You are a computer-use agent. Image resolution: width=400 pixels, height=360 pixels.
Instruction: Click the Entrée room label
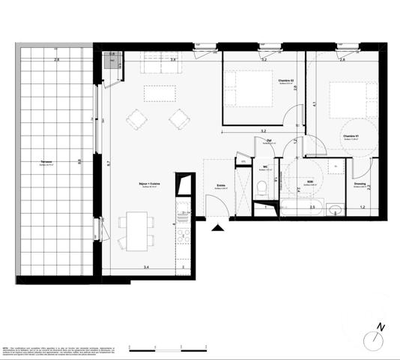(x=222, y=187)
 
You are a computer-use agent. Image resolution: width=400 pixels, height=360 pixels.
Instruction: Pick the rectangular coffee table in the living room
(x=159, y=92)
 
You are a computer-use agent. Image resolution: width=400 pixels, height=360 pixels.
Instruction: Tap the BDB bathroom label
(x=308, y=182)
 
